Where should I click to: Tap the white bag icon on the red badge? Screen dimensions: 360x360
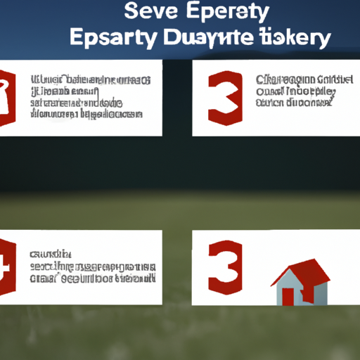click(6, 92)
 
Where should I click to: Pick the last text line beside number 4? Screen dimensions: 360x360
click(91, 278)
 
